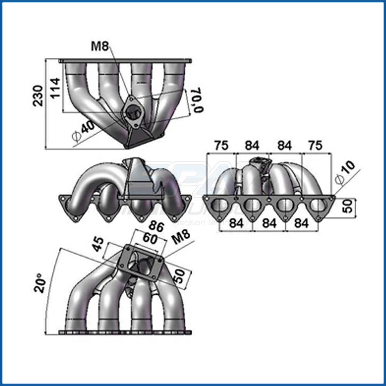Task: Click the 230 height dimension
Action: pyautogui.click(x=38, y=96)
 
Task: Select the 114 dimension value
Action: pyautogui.click(x=55, y=88)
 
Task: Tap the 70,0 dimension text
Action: pyautogui.click(x=197, y=100)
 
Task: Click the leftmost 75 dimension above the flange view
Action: pyautogui.click(x=222, y=146)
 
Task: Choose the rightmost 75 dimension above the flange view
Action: pyautogui.click(x=315, y=146)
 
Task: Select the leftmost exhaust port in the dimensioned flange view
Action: pyautogui.click(x=221, y=206)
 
